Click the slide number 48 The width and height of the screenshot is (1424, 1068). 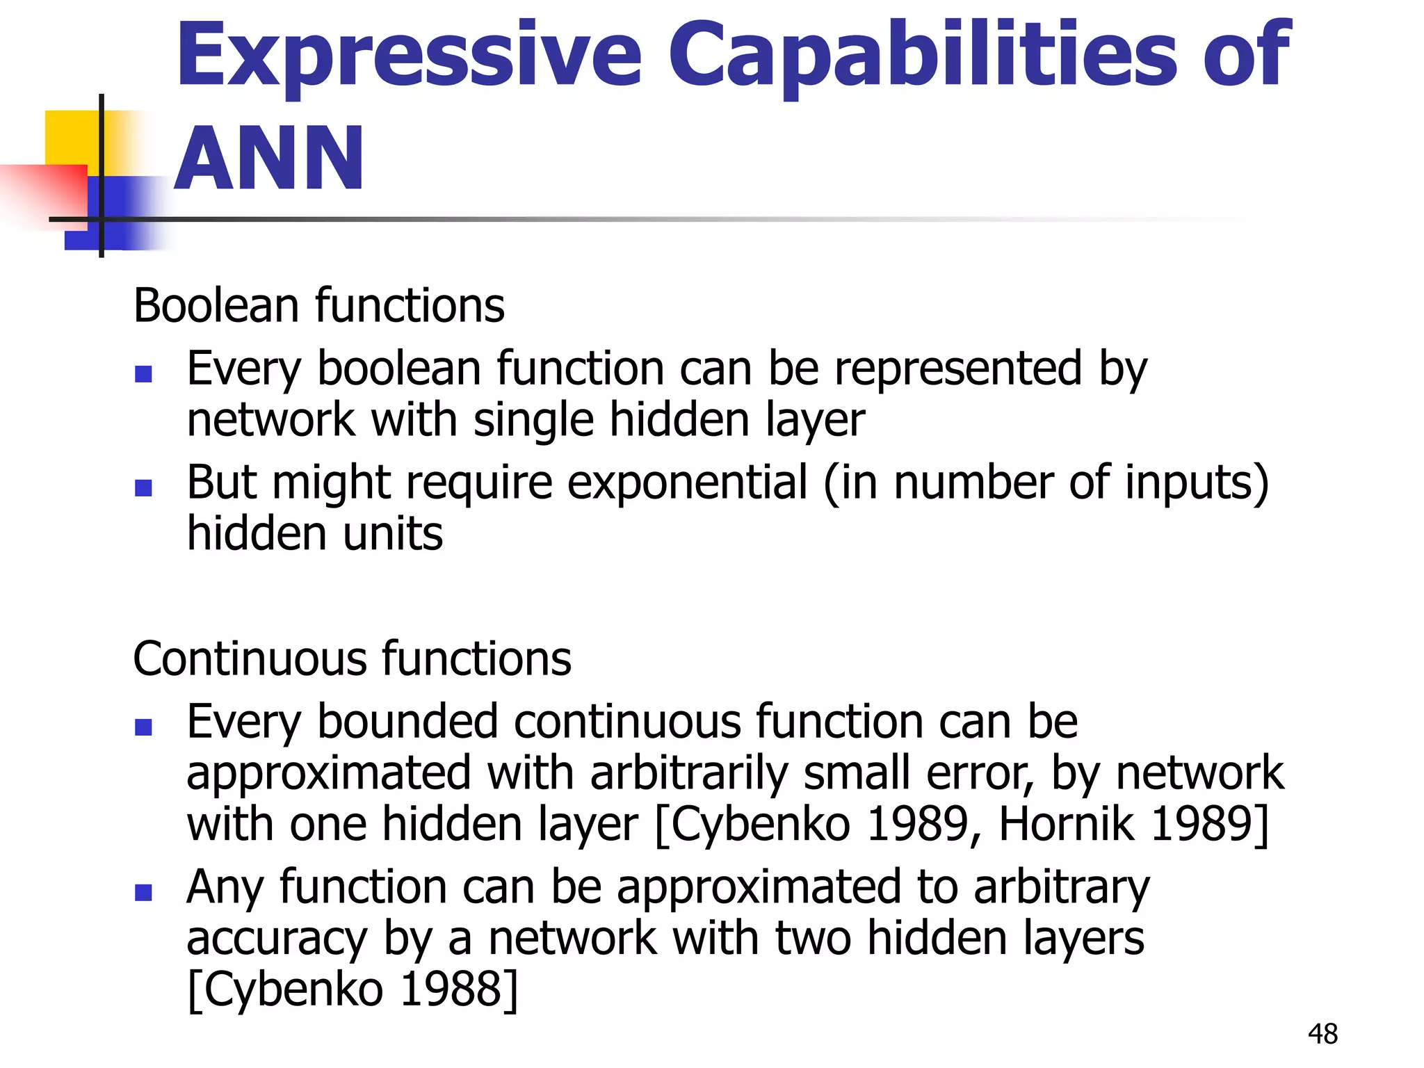pyautogui.click(x=1322, y=1034)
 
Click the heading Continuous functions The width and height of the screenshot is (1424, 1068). pyautogui.click(x=352, y=658)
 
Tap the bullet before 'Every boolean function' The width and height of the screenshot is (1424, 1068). pyautogui.click(x=143, y=375)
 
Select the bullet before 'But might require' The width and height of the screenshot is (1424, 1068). pyautogui.click(x=143, y=488)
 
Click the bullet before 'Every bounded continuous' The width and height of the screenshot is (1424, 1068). pyautogui.click(x=143, y=727)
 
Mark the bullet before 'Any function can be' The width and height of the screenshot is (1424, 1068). pyautogui.click(x=143, y=892)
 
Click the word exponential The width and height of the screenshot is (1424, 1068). pyautogui.click(x=688, y=482)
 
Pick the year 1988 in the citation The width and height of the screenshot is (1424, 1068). pyautogui.click(x=453, y=989)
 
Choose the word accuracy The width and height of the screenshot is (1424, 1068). pyautogui.click(x=276, y=939)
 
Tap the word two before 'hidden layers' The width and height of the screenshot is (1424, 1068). pyautogui.click(x=813, y=938)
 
